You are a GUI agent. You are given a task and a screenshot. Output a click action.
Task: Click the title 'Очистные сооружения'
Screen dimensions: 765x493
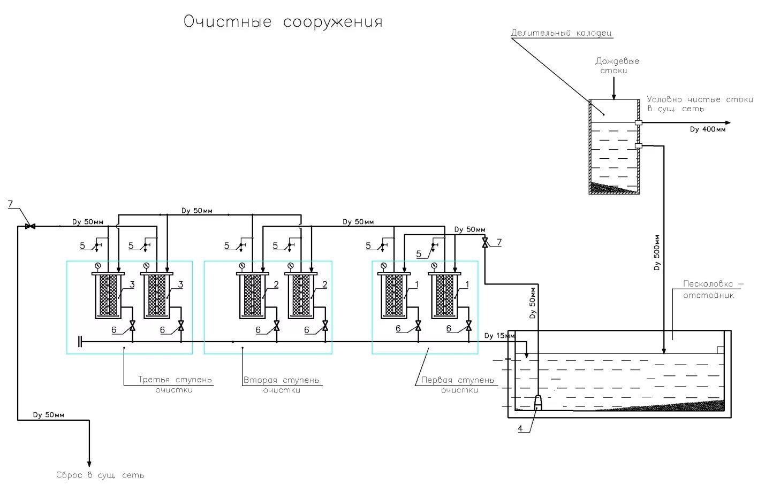(x=283, y=22)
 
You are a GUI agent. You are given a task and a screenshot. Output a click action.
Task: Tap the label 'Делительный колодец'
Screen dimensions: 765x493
(x=562, y=33)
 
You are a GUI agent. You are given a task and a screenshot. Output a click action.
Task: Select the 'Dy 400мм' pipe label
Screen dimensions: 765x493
(x=708, y=129)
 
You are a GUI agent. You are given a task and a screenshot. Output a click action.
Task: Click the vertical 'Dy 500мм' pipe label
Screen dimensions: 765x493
(x=657, y=252)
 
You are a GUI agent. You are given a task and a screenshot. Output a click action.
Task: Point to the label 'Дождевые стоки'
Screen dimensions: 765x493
(x=617, y=66)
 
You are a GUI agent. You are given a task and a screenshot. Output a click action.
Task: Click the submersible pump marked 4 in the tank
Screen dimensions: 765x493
(x=537, y=403)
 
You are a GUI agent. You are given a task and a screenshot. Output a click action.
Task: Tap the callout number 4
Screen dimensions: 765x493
(x=520, y=428)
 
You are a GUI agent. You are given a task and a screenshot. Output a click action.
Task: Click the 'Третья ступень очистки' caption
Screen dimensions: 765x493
(x=175, y=384)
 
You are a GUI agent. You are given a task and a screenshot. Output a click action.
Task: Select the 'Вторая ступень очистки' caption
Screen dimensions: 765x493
(x=281, y=385)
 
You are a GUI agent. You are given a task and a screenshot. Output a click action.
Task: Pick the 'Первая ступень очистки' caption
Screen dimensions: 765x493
(x=458, y=385)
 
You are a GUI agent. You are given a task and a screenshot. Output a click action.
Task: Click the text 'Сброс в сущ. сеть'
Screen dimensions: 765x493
(x=100, y=475)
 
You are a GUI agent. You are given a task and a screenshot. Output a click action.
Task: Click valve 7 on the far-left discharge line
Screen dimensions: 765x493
(x=30, y=226)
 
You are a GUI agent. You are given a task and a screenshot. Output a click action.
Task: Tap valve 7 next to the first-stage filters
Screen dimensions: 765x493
(x=484, y=243)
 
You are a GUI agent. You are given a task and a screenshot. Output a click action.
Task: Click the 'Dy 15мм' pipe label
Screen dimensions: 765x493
(x=499, y=336)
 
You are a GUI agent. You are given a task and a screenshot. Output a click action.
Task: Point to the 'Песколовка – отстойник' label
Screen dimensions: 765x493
(x=713, y=289)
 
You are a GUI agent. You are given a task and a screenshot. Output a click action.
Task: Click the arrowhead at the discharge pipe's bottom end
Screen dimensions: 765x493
(x=89, y=464)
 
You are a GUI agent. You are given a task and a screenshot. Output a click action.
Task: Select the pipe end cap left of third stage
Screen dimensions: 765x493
(x=80, y=342)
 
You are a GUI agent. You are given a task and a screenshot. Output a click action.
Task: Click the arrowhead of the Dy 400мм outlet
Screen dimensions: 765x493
(x=728, y=123)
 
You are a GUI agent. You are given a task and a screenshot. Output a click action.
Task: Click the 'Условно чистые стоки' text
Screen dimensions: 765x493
(x=700, y=99)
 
